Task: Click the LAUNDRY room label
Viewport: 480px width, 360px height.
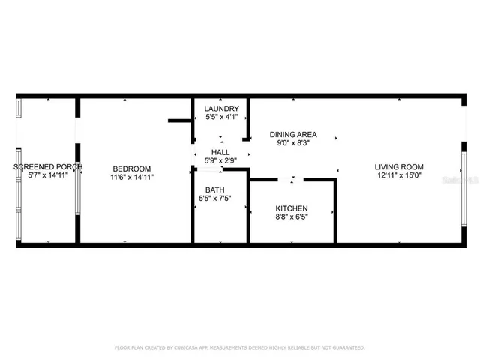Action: click(x=221, y=109)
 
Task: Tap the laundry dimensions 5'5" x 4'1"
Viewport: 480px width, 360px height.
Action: click(x=221, y=118)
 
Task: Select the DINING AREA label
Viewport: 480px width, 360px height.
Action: click(x=293, y=134)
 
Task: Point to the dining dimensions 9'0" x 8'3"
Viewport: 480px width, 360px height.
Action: click(x=293, y=143)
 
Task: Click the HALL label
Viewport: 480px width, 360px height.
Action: click(x=220, y=152)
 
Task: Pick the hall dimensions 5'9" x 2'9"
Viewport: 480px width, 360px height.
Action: click(x=220, y=161)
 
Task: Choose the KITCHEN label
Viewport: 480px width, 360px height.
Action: click(x=292, y=208)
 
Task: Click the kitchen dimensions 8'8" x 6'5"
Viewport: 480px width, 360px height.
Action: click(x=292, y=217)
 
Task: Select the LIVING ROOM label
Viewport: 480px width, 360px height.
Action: click(x=400, y=167)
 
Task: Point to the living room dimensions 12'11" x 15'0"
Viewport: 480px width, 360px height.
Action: click(x=400, y=176)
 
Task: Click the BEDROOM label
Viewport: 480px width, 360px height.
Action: click(x=132, y=169)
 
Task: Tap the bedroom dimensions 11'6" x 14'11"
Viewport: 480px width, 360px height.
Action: click(x=132, y=178)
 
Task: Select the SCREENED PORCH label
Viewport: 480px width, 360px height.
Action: click(x=48, y=166)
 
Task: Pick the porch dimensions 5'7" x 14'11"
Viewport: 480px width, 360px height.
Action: click(x=48, y=175)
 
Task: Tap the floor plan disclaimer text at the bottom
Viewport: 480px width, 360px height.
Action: click(x=239, y=348)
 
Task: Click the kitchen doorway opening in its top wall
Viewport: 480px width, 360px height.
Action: click(x=291, y=180)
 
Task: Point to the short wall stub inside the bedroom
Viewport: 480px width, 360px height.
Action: click(x=179, y=119)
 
